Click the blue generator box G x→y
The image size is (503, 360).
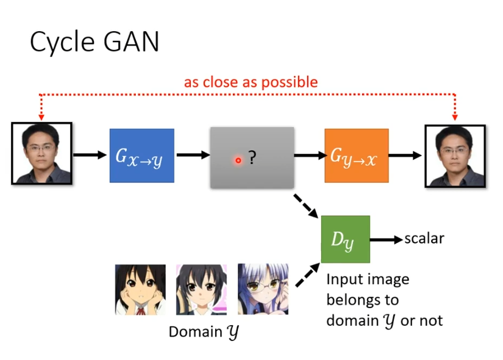click(141, 156)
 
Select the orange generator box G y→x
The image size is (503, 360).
click(356, 156)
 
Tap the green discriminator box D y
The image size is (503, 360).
click(345, 239)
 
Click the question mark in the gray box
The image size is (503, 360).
click(252, 159)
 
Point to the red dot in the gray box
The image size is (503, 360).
click(238, 160)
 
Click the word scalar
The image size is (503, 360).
click(424, 239)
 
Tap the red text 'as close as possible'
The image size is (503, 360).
click(251, 82)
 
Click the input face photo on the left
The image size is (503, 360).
click(41, 153)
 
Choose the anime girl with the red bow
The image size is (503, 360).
click(140, 289)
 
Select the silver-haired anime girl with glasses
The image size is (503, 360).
click(263, 289)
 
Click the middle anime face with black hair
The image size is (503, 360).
click(201, 289)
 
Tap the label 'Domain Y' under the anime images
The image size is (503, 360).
click(204, 333)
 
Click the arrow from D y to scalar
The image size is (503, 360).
click(386, 239)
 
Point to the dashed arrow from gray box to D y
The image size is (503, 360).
click(306, 206)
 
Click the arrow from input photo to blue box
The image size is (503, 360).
click(90, 155)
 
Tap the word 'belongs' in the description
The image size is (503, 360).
click(362, 300)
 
